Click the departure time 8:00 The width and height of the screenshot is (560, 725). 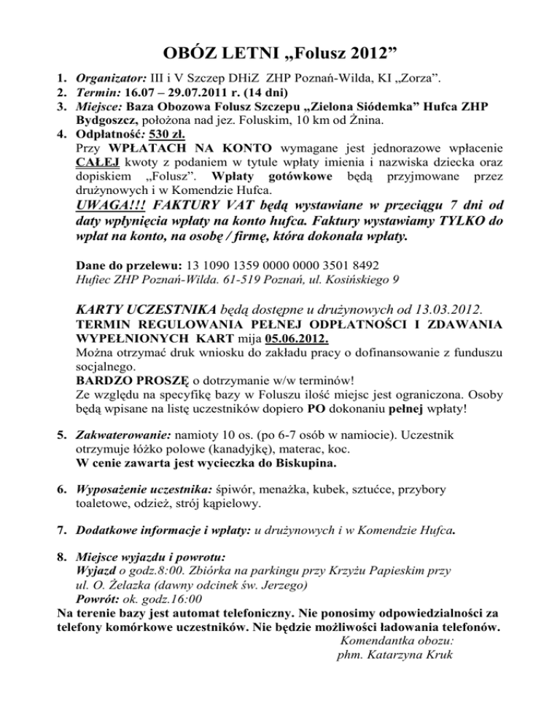[174, 570]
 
